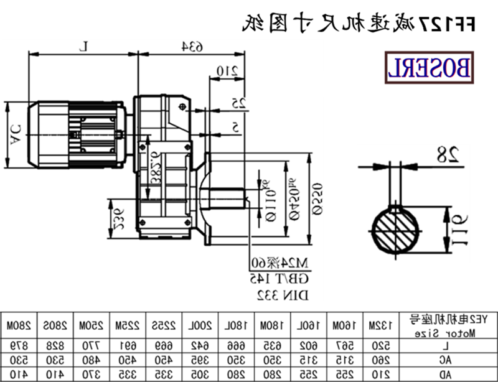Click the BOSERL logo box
(x=430, y=68)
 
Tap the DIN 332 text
(x=273, y=291)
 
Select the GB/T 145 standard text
(x=273, y=276)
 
